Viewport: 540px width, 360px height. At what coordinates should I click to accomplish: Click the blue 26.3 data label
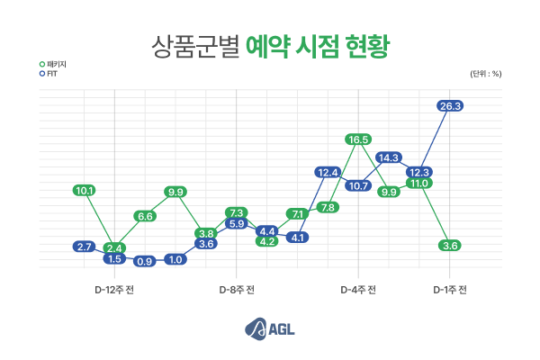(451, 106)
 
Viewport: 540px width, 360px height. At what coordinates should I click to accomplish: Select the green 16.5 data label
(358, 139)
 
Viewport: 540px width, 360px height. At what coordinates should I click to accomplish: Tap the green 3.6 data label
(451, 246)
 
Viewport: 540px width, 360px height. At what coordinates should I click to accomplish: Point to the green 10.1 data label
(85, 190)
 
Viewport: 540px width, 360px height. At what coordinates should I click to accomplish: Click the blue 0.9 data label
(145, 261)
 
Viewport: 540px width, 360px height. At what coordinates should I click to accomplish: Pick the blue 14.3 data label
(389, 157)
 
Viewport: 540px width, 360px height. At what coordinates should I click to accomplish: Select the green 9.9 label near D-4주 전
(389, 192)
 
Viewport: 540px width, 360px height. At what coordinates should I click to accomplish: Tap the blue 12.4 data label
(328, 172)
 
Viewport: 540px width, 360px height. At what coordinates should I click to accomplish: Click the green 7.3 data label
(237, 212)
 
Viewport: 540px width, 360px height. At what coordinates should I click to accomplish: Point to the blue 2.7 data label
(85, 247)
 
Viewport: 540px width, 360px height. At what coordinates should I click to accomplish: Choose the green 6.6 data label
(145, 216)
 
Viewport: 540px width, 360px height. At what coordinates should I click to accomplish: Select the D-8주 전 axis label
(237, 290)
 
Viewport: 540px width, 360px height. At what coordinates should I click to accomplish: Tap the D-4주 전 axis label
(358, 290)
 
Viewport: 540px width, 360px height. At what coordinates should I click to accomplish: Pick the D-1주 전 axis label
(449, 290)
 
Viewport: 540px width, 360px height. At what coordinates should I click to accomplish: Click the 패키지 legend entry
(53, 64)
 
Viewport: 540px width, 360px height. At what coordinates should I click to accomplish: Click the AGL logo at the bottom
(270, 329)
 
